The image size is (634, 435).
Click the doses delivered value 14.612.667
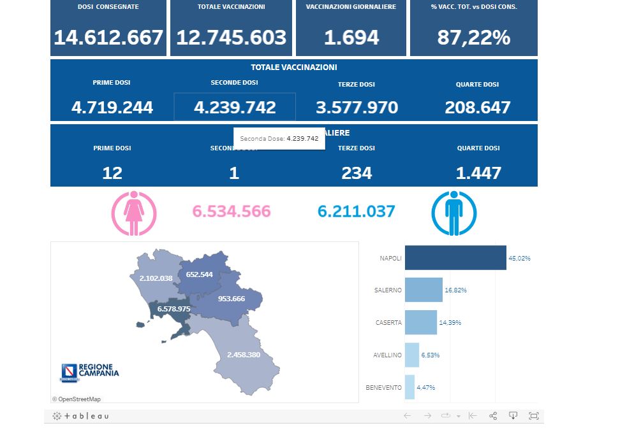(108, 38)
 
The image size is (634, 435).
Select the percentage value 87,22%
(473, 38)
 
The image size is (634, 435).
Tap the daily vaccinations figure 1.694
(351, 38)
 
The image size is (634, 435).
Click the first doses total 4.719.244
(112, 107)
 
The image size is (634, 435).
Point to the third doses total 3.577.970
(357, 107)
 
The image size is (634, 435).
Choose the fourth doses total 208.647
(478, 107)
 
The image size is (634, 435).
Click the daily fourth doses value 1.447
(478, 173)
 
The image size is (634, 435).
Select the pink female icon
(133, 211)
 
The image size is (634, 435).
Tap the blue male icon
(453, 211)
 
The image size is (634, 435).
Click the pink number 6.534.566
(232, 211)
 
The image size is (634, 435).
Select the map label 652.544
(199, 275)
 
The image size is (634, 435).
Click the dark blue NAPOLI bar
(455, 258)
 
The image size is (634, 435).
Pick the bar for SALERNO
(424, 290)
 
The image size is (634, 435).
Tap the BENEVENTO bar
(409, 387)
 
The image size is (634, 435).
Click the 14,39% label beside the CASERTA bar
(450, 322)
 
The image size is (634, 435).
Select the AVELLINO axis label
(388, 355)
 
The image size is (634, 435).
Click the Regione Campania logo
(89, 372)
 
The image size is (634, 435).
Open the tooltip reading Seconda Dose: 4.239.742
(279, 138)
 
